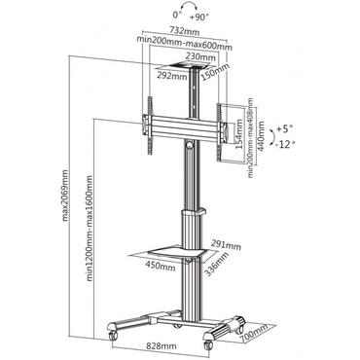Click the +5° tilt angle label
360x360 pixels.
(282, 127)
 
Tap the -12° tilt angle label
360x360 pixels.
(283, 144)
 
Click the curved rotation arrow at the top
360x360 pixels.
(184, 19)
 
